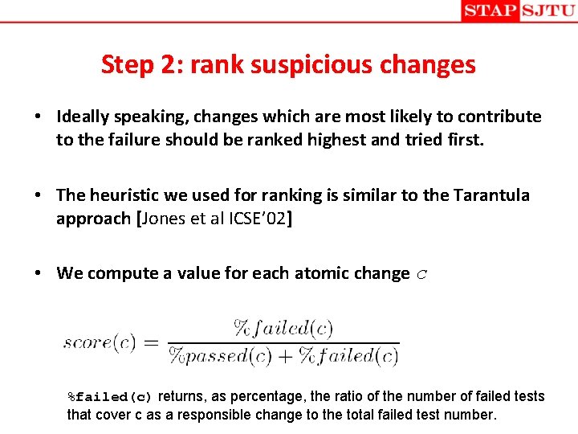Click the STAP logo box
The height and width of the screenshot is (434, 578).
coord(490,11)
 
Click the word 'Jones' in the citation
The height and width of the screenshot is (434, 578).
coord(167,219)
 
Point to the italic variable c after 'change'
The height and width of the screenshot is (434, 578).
coord(422,274)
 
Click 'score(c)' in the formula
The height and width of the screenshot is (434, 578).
coord(100,342)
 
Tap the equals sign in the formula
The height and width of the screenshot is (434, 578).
coord(151,342)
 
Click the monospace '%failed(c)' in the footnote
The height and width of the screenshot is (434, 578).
coord(110,397)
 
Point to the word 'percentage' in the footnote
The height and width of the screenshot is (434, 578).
coord(266,396)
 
